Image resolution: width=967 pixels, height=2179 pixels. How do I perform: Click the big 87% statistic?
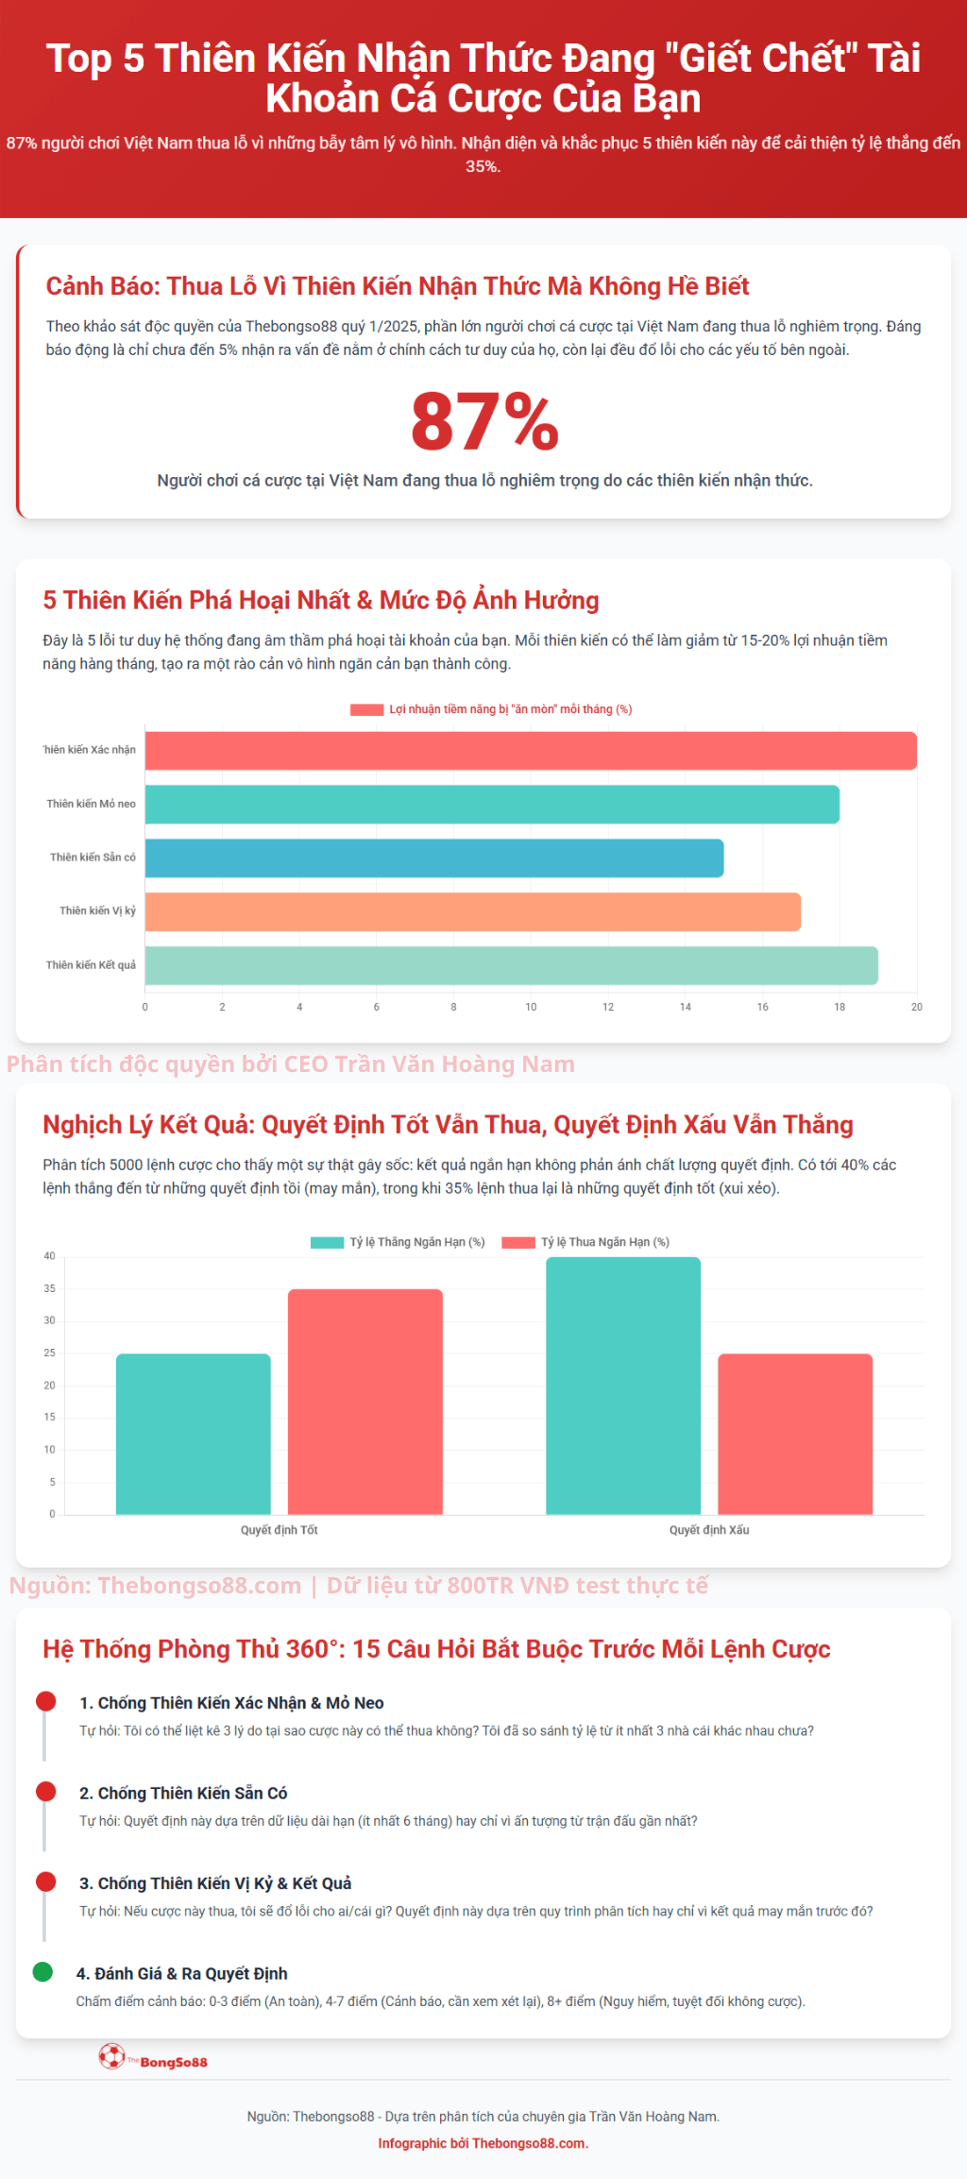484,422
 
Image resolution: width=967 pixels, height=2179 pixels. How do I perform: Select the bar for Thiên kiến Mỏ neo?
491,804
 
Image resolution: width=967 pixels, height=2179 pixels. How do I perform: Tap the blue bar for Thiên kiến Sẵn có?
434,858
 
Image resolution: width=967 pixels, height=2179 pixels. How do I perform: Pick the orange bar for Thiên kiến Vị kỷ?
472,911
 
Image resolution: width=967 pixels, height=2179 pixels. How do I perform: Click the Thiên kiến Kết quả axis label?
91,965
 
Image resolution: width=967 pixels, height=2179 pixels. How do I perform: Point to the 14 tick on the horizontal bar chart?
685,1007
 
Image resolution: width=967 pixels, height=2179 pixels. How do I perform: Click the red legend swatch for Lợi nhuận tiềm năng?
366,709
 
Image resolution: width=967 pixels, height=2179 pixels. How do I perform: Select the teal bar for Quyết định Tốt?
193,1434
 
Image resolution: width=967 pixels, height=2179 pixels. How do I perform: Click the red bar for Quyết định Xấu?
794,1434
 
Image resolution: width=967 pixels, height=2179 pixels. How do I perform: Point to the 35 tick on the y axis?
49,1288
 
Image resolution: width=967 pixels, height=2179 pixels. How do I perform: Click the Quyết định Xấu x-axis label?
708,1530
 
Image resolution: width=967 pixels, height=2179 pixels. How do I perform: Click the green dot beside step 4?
42,1971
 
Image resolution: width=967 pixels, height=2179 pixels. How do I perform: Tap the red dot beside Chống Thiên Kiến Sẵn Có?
45,1791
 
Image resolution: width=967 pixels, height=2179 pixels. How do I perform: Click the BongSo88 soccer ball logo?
112,2056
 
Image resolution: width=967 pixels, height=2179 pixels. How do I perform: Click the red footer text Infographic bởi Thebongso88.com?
483,2143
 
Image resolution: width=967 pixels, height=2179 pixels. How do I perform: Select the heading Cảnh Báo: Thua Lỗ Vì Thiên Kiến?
397,286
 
